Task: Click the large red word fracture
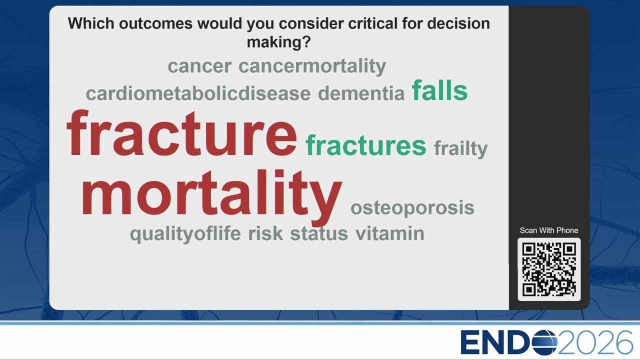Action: point(181,132)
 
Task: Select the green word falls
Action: point(439,90)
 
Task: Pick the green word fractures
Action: point(365,145)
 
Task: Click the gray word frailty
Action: point(460,149)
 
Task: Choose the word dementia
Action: point(361,93)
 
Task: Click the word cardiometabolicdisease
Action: point(198,93)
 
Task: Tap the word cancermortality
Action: point(312,66)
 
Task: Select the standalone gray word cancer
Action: point(199,66)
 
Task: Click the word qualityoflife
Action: point(185,234)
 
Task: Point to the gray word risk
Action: point(265,233)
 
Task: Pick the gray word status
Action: point(319,233)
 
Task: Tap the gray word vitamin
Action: point(389,233)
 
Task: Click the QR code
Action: point(549,269)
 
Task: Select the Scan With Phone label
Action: point(549,230)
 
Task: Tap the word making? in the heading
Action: point(278,42)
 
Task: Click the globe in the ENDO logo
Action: point(544,342)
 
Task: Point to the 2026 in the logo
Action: point(595,342)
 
